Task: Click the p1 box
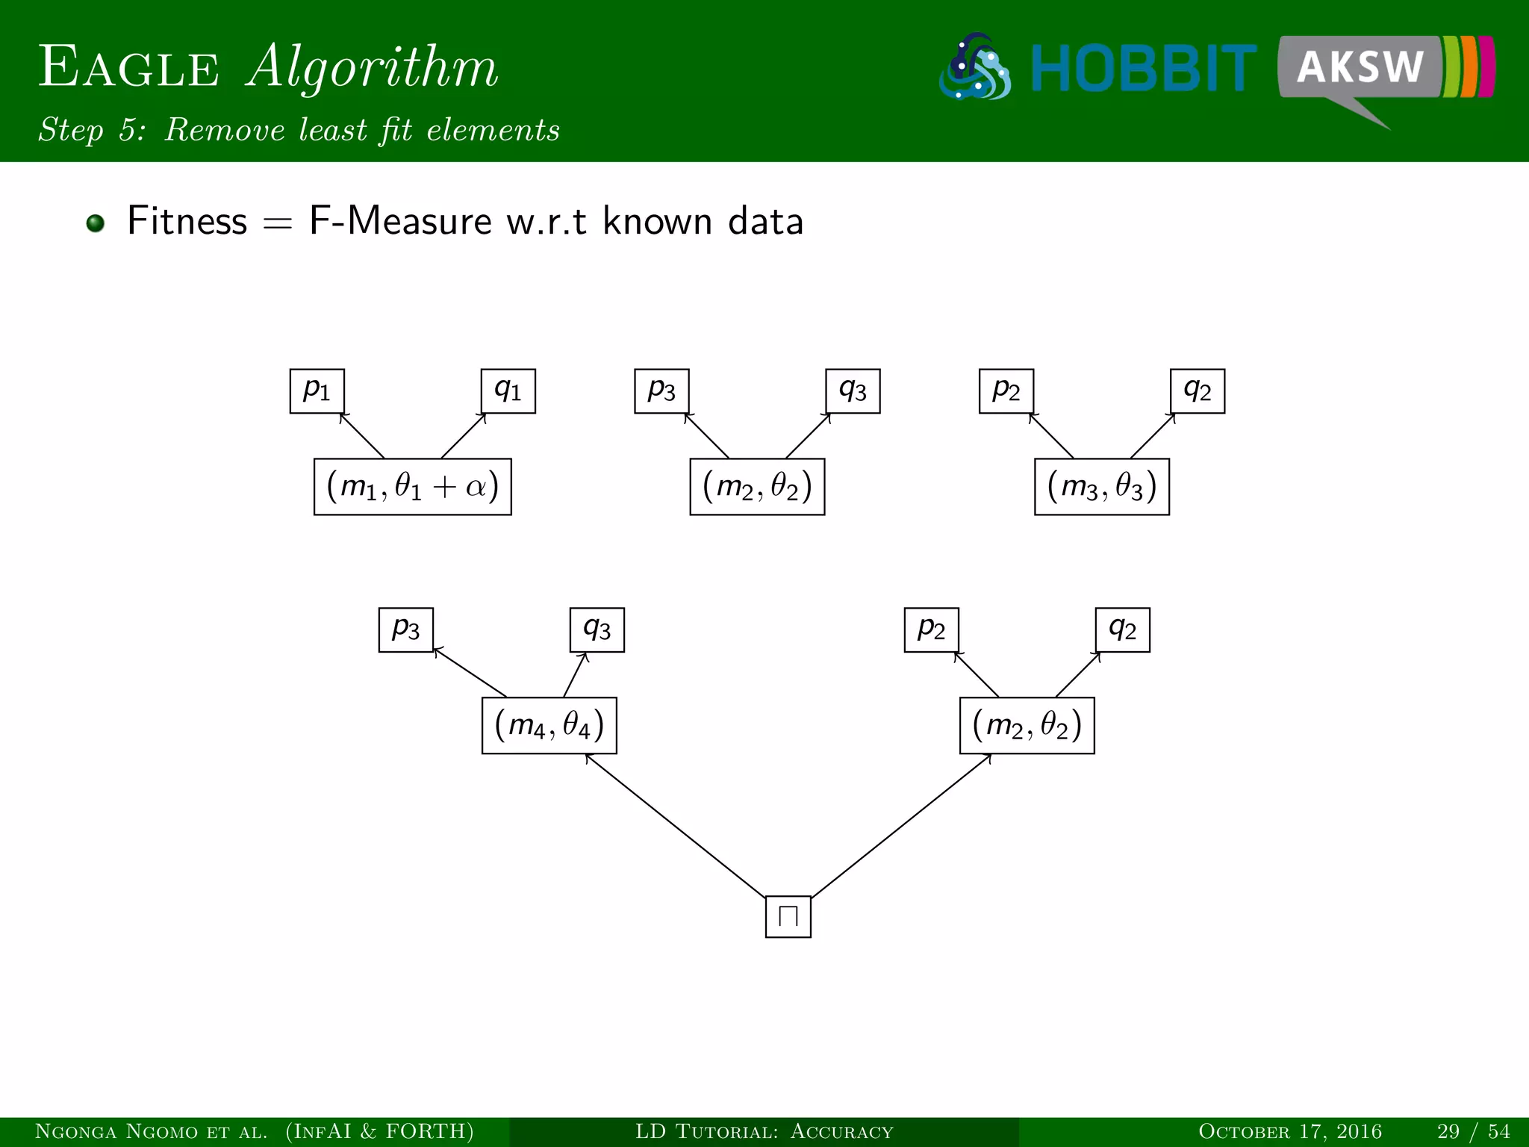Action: (317, 391)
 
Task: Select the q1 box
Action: (508, 391)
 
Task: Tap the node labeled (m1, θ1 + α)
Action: (412, 487)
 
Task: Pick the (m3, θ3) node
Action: (1101, 487)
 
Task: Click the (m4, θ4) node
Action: (549, 726)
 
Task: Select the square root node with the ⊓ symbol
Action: (788, 916)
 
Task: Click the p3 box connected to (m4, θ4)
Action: (405, 630)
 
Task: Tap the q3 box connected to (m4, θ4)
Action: (597, 630)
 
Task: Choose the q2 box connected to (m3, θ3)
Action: (1197, 391)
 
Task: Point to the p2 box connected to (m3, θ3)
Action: (1006, 391)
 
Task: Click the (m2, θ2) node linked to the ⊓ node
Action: (1027, 726)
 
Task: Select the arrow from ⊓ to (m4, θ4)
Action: (676, 825)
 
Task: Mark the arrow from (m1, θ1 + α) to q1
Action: (464, 436)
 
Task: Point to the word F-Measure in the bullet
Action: (400, 222)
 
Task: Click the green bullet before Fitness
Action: (95, 223)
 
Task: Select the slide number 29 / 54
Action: (1473, 1131)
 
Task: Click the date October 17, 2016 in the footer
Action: (1289, 1131)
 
